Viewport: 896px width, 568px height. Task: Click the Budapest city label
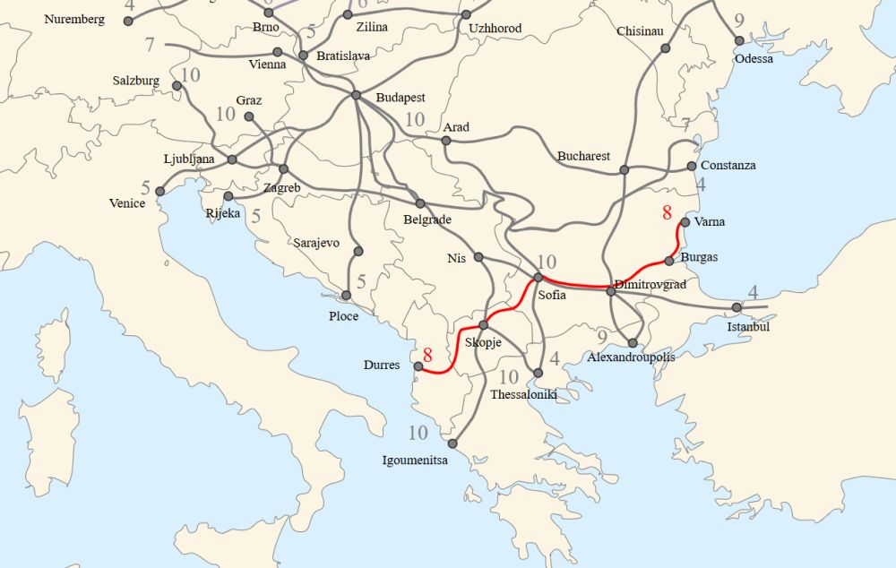[x=400, y=98]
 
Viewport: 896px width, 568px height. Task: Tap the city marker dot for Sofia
[x=538, y=278]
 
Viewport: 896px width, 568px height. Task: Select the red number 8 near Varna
[x=666, y=213]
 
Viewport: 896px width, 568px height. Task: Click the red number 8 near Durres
[x=428, y=355]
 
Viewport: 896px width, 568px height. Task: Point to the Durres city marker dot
[x=418, y=366]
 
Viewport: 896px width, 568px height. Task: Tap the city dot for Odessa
[x=739, y=41]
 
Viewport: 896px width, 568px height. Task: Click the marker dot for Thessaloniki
[x=538, y=373]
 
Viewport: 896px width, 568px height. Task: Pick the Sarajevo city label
[x=316, y=243]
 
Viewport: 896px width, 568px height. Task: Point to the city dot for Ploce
[x=347, y=296]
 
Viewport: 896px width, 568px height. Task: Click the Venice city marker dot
[x=159, y=191]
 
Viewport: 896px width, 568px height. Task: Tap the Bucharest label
[x=583, y=156]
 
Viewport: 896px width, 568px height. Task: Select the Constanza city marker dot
[x=692, y=166]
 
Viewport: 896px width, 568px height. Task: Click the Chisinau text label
[x=640, y=31]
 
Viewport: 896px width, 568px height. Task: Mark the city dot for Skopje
[x=483, y=325]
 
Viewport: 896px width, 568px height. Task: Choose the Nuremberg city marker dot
[x=128, y=21]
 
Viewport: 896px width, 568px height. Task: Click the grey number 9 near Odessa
[x=739, y=21]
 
